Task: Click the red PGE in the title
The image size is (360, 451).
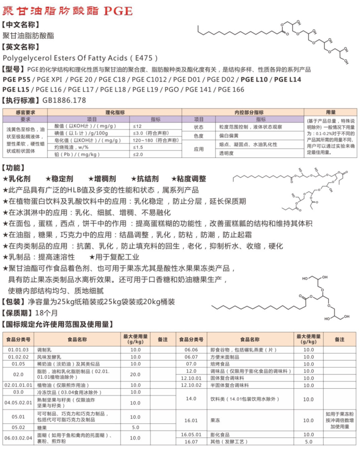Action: tap(118, 11)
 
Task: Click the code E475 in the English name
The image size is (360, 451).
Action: tap(144, 58)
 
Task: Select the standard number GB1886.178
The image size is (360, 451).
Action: tap(64, 100)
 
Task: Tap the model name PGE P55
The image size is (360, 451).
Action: tap(16, 80)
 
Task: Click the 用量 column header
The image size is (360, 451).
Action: tap(330, 112)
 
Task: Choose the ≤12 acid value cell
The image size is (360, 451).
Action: tap(137, 126)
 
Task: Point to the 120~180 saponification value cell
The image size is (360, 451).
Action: tap(155, 140)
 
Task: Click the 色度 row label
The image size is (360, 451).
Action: tap(199, 136)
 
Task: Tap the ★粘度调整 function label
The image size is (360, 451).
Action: tap(189, 179)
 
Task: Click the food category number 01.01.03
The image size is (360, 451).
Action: tap(18, 350)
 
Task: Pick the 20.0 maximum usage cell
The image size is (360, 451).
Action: tap(135, 374)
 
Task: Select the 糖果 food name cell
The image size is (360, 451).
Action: tap(42, 428)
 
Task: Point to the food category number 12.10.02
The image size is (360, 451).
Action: tap(191, 385)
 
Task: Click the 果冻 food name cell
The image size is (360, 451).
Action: tap(215, 420)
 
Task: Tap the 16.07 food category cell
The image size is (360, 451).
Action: tap(191, 442)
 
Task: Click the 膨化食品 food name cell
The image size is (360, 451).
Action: tap(220, 435)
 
